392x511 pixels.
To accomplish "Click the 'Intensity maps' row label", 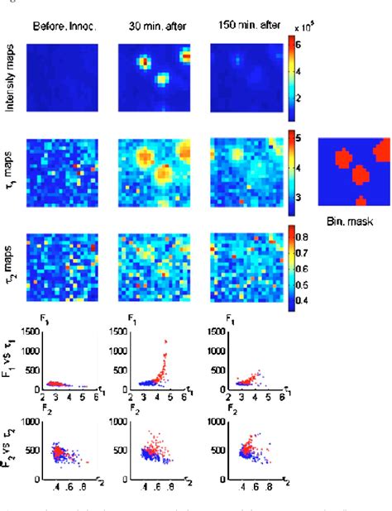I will [x=13, y=79].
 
